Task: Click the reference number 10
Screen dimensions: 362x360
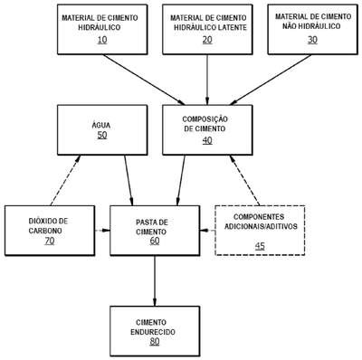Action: [102, 40]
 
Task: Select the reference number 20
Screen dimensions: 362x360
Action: [207, 40]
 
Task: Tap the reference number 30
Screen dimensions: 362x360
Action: [312, 40]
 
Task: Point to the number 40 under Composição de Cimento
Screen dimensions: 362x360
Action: [207, 140]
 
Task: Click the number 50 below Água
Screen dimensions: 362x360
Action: [102, 135]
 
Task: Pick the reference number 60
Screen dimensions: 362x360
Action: [155, 241]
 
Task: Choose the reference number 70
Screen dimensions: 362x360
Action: [50, 241]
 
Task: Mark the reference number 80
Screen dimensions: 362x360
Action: [155, 341]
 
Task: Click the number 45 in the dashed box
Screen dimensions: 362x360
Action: [260, 246]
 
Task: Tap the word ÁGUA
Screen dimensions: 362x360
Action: [101, 125]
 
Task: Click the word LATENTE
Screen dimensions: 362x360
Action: [232, 27]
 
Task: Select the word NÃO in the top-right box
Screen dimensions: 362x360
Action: [290, 26]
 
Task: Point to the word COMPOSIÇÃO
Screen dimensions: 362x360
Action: [205, 118]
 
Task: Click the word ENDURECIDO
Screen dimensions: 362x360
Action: [153, 332]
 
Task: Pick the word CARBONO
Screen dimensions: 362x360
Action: [45, 231]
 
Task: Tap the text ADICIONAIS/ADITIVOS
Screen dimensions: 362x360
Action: [261, 226]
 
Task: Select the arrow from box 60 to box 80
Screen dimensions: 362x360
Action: [155, 281]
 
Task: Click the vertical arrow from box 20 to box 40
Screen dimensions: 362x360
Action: [207, 80]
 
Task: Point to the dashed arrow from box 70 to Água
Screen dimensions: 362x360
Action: [65, 180]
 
